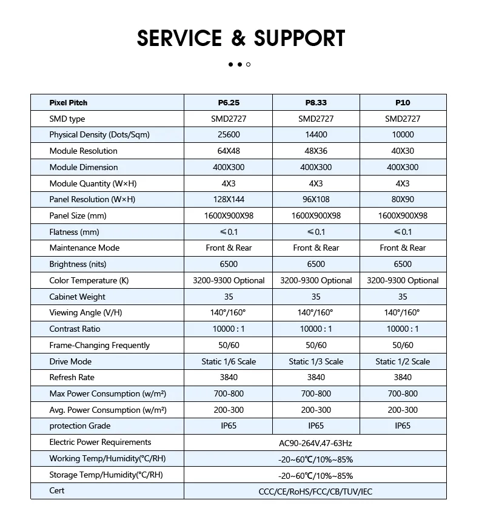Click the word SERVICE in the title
coord(179,38)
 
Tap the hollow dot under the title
coord(249,64)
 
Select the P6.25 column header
coord(229,103)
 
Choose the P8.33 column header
coord(316,103)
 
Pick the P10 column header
coord(403,103)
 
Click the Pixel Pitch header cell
coord(69,103)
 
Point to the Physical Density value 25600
coord(229,135)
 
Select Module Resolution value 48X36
coord(316,151)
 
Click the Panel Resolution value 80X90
coord(403,200)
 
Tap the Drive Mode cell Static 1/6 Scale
coord(229,362)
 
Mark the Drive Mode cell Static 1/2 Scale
coord(403,362)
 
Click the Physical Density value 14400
coord(316,135)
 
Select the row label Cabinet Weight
coord(77,297)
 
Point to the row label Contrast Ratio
coord(75,329)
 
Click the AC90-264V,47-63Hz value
coord(315,443)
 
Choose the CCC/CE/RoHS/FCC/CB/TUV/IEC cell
coord(315,492)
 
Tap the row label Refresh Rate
coord(72,378)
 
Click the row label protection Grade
coord(79,426)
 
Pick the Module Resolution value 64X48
coord(229,151)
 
